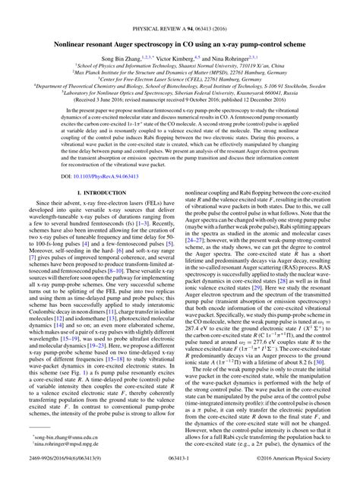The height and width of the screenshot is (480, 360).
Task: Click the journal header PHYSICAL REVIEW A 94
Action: coord(179,13)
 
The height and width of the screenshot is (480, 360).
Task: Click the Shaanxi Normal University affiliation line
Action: coord(179,55)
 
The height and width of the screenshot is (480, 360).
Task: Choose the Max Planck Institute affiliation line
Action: coord(179,63)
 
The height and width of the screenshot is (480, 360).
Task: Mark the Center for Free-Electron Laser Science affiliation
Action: coord(179,71)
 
